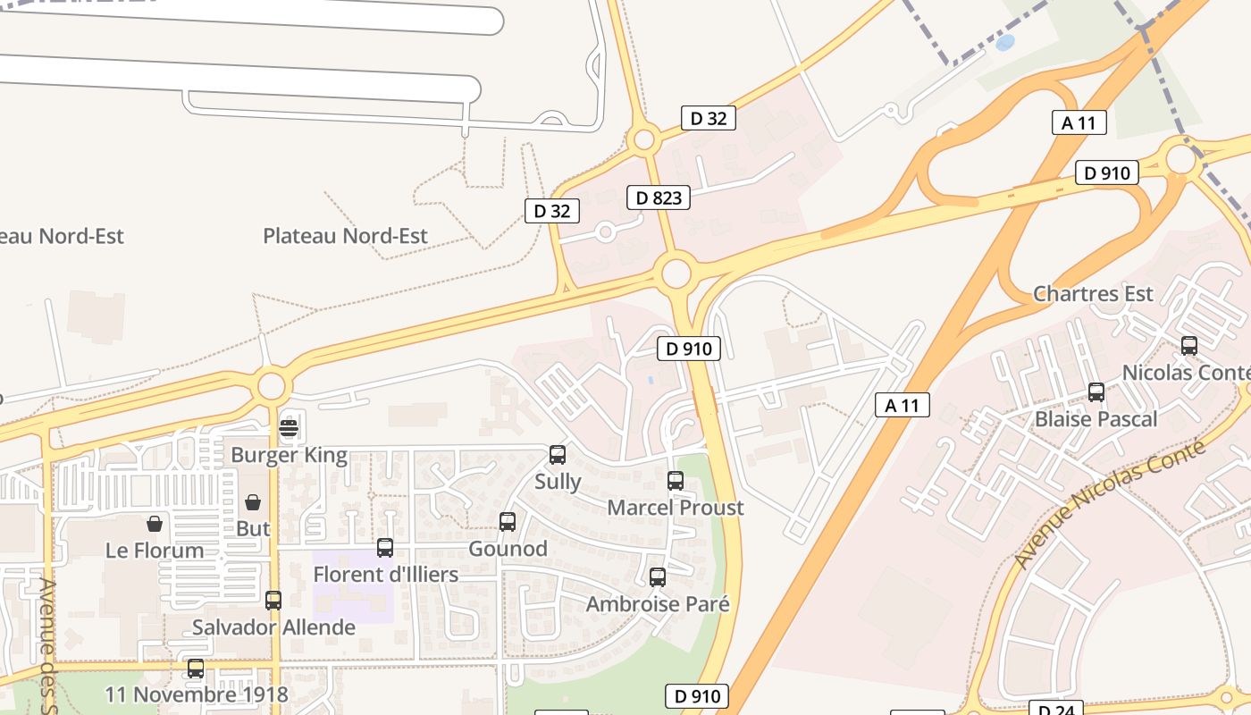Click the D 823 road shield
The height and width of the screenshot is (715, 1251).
659,198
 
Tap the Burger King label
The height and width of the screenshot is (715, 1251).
289,455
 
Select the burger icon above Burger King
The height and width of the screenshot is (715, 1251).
288,428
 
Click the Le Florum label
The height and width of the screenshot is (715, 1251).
155,551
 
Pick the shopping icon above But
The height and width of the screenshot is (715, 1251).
253,502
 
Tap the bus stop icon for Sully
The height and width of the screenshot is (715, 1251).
558,455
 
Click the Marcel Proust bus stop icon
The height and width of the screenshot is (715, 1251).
676,481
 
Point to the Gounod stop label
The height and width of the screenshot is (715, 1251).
508,549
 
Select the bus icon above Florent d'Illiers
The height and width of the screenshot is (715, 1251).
385,548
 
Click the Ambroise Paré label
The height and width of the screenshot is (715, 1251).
658,604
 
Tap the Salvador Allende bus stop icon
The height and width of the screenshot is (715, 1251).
273,601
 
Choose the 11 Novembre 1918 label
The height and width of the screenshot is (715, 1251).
197,694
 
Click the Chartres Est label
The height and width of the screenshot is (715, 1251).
1093,294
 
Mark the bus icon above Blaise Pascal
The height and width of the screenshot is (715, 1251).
1096,392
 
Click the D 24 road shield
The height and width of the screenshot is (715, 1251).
1055,709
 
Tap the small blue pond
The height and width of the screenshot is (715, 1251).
1005,41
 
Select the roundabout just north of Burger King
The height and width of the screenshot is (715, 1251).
272,387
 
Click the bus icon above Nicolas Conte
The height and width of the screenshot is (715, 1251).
1189,346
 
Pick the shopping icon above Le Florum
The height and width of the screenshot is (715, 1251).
155,524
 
